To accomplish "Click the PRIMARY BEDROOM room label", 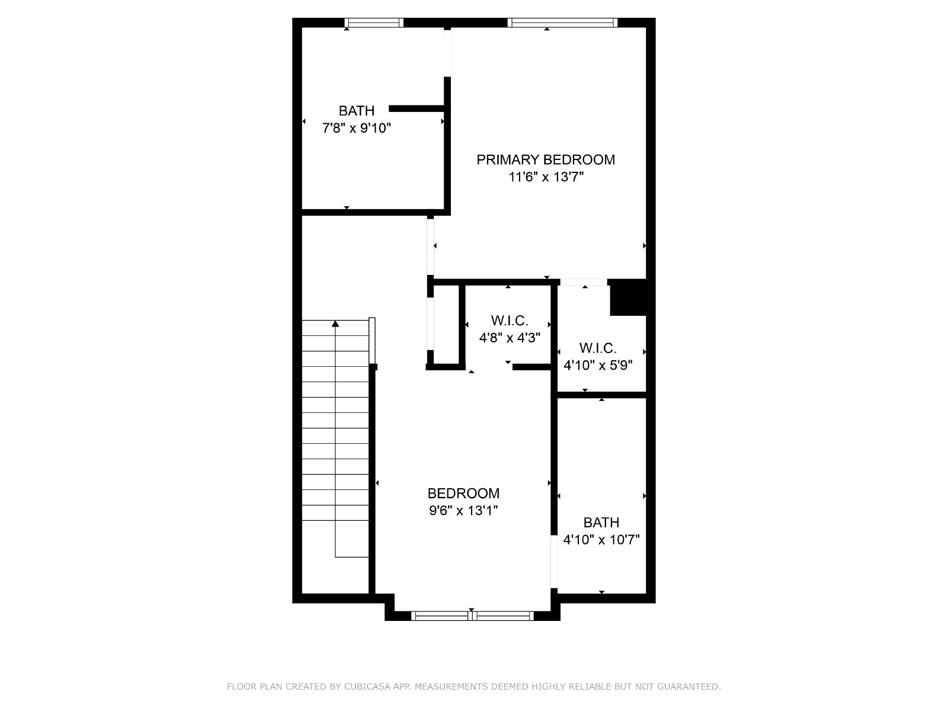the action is coord(546,160).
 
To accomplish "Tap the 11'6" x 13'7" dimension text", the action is coord(546,177).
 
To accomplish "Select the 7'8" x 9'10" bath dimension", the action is coord(356,128).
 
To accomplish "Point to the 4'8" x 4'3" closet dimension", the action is coord(510,338).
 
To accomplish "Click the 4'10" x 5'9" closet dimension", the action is coord(598,365).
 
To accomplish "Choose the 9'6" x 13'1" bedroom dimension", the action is coord(463,511).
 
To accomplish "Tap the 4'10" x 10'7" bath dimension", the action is coord(601,540).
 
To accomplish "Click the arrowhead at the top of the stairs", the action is coord(335,324).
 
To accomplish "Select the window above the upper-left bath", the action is coord(374,23).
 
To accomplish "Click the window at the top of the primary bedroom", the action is coord(562,23).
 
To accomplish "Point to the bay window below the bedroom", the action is coord(472,616).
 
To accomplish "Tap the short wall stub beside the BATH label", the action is coord(417,109).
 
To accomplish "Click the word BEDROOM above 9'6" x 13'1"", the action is coord(463,494).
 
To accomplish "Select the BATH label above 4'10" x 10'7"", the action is coord(601,523).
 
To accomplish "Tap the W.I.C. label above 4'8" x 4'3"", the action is coord(510,321).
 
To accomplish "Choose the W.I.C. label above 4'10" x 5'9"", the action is coord(598,348).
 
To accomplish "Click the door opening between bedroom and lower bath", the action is coord(554,562).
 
